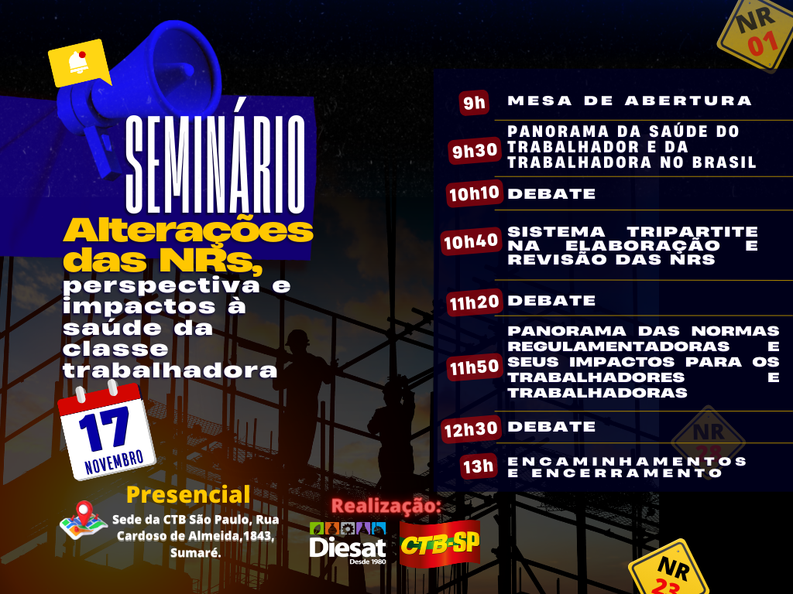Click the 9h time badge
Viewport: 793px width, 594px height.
pos(474,103)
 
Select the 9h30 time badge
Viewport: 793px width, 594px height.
pos(475,150)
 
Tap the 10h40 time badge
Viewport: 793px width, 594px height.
pos(471,241)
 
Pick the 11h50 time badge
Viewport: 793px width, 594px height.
pos(474,367)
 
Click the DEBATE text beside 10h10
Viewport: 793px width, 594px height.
pos(551,194)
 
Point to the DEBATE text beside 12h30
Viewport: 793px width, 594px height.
pos(551,427)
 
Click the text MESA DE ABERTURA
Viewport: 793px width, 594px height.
pos(630,101)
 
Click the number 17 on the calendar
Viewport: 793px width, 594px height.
pos(105,429)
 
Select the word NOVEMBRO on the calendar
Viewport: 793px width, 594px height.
pos(114,462)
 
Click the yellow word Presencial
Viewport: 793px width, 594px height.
pos(188,494)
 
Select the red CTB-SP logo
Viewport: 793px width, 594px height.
pos(440,544)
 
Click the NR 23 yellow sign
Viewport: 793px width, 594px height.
pos(668,570)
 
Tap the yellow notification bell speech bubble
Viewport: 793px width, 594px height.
pos(80,63)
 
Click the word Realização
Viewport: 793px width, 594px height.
pos(386,506)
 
